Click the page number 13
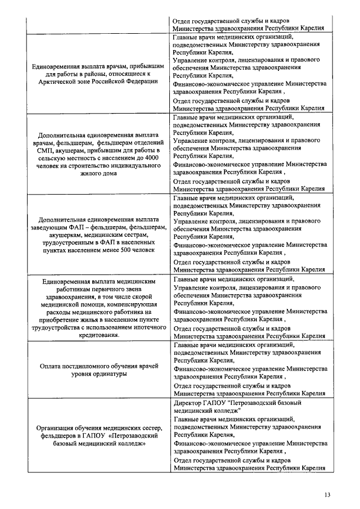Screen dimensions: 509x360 pos(327,494)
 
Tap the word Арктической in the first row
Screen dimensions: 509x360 pos(67,81)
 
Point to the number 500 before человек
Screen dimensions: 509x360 pos(111,250)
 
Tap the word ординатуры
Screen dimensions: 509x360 pos(98,373)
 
